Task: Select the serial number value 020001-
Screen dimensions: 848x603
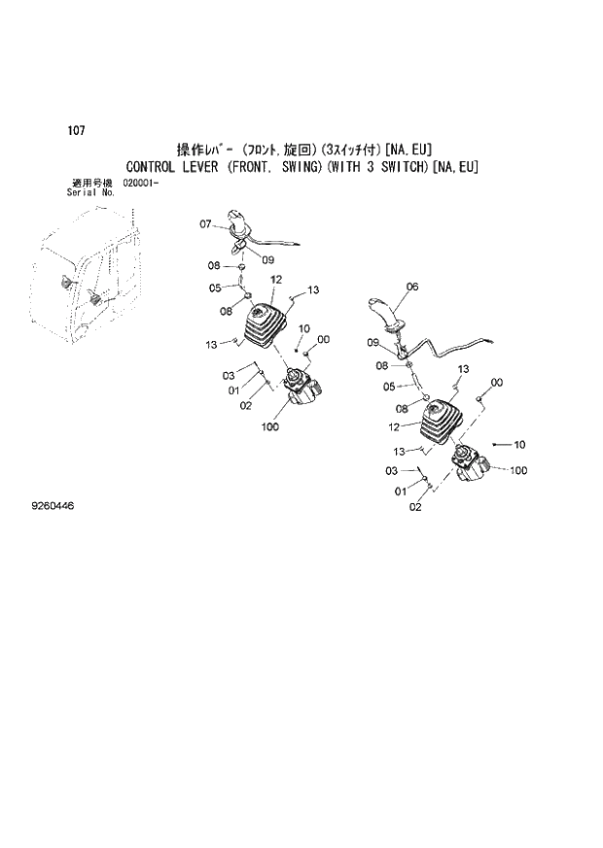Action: coord(143,184)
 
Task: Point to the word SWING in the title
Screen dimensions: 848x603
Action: coord(309,167)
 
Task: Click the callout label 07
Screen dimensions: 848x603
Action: coord(205,224)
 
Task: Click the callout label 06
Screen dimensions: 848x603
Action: coord(411,287)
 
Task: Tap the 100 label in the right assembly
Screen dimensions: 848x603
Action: coord(518,471)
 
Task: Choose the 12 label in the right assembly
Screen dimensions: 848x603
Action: coord(395,425)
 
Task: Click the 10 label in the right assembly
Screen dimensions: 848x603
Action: coord(519,444)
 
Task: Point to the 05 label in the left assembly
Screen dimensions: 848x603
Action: coord(215,288)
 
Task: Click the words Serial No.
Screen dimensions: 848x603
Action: coord(90,192)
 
